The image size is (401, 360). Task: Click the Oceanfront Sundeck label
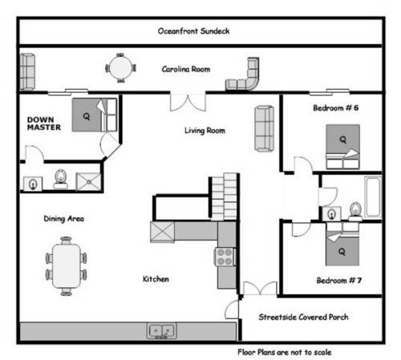tap(193, 31)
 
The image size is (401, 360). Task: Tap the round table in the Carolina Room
tap(121, 68)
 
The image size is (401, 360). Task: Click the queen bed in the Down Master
tap(95, 115)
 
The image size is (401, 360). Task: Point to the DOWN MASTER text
tap(44, 123)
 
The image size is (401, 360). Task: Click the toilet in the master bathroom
tap(61, 179)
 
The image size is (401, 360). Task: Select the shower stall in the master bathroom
tap(88, 182)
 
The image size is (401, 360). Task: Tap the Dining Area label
tap(63, 219)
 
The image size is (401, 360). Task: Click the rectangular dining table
tap(67, 266)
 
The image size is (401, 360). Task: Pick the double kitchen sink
tap(162, 331)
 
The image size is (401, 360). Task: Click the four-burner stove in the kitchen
tap(225, 257)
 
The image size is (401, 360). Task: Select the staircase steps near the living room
tap(224, 196)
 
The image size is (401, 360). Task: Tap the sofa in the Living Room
tap(264, 128)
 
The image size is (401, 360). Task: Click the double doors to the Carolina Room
tap(188, 102)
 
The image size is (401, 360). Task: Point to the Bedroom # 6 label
tap(336, 108)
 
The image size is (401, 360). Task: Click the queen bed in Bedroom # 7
tap(342, 244)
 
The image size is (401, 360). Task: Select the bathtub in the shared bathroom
tap(374, 196)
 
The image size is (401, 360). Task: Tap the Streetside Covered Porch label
tap(303, 317)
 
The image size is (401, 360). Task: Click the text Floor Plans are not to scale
tap(285, 352)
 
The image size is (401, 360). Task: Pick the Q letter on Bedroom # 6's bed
tap(342, 140)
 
